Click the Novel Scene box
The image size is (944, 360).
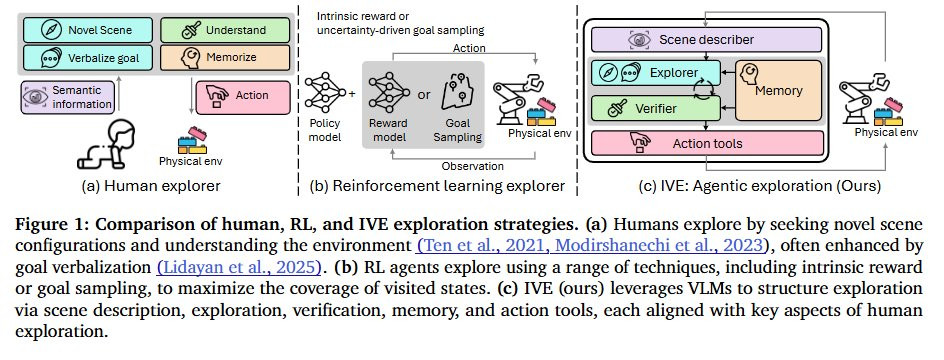point(87,30)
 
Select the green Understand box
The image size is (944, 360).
point(225,30)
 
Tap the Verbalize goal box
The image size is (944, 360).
point(87,58)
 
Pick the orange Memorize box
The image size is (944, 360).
point(225,58)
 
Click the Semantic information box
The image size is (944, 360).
point(67,98)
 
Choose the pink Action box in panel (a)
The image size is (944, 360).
point(243,98)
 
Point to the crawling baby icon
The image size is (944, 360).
point(106,145)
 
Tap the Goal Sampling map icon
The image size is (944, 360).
point(458,94)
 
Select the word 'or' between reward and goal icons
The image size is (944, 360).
point(424,95)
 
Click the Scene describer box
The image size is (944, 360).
point(706,40)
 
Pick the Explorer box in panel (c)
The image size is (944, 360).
point(656,73)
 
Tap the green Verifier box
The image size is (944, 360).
point(656,108)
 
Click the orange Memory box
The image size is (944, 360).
point(778,90)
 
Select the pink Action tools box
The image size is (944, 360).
point(706,143)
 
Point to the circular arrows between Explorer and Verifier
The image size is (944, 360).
point(703,90)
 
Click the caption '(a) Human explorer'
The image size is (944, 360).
point(151,186)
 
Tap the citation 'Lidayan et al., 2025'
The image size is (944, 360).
point(239,265)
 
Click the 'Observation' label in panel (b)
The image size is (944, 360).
point(473,166)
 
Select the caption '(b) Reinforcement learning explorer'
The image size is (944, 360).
point(437,186)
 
